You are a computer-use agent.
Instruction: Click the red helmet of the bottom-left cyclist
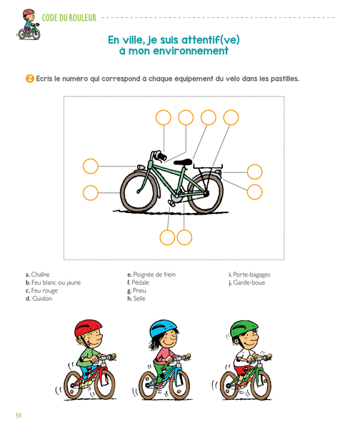[x=88, y=328]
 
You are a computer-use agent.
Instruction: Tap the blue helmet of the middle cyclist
[x=163, y=329]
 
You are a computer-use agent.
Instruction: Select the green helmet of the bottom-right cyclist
[x=244, y=329]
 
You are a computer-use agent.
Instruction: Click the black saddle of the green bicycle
[x=183, y=162]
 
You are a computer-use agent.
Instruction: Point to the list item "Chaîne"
[x=37, y=275]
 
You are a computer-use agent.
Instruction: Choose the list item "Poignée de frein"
[x=151, y=275]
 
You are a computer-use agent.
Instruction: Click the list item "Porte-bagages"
[x=249, y=275]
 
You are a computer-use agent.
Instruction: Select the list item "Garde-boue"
[x=247, y=282]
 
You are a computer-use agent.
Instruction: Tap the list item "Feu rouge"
[x=41, y=290]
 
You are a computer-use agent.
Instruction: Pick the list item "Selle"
[x=136, y=298]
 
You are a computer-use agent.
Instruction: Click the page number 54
[x=19, y=415]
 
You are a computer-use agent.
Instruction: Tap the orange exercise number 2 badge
[x=29, y=79]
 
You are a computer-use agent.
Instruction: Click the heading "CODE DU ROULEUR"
[x=69, y=18]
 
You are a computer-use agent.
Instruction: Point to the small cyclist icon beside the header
[x=29, y=24]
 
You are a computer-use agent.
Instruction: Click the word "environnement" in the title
[x=191, y=51]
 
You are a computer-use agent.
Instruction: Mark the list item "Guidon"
[x=39, y=298]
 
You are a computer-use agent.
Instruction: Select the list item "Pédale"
[x=138, y=282]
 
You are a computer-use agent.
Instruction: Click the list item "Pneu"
[x=136, y=290]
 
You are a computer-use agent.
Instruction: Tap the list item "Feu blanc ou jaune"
[x=53, y=282]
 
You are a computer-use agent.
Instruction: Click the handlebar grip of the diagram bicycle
[x=161, y=156]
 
